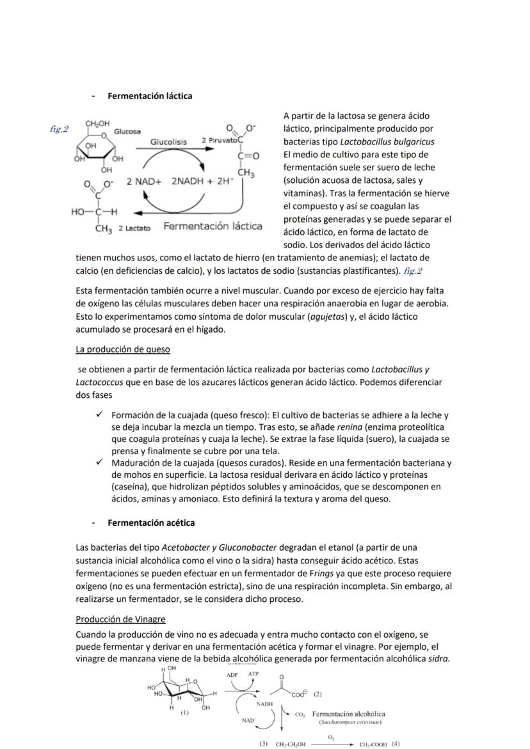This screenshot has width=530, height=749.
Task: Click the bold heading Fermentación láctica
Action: [150, 96]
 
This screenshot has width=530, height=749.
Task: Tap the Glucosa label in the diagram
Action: [127, 131]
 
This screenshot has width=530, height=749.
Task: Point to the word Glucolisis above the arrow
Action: [168, 141]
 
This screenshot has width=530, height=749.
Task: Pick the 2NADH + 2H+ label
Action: [202, 181]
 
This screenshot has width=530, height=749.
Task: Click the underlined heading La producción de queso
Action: [122, 349]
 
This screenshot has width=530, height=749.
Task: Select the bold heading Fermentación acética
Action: [151, 523]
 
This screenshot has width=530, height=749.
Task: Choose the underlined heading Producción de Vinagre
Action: [120, 619]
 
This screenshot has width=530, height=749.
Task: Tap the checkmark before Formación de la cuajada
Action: [100, 414]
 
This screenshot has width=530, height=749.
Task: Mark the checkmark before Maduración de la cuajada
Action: [100, 462]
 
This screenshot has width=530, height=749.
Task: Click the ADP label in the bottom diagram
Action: [233, 674]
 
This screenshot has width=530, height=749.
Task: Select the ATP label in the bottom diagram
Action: [253, 674]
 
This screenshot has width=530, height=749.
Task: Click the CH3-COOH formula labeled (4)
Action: [373, 745]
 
